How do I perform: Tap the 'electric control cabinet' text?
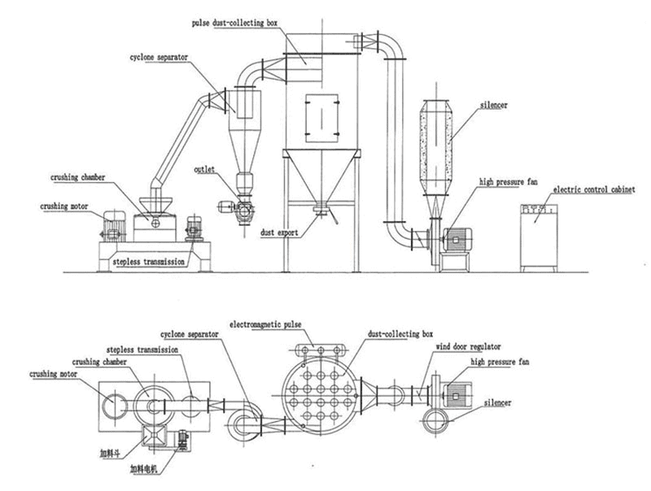(x=588, y=189)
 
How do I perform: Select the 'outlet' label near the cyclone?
(x=204, y=171)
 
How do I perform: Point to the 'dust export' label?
(x=280, y=232)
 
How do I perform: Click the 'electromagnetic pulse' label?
(x=265, y=324)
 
